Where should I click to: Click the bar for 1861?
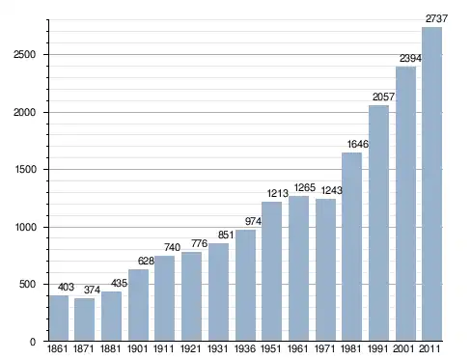(x=59, y=318)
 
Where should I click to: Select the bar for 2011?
(x=431, y=184)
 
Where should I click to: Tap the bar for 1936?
(x=245, y=285)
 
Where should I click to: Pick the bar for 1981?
(x=351, y=247)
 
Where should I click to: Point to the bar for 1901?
(x=138, y=305)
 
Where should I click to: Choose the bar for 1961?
(x=298, y=268)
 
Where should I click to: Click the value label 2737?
(x=436, y=18)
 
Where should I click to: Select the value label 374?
(x=92, y=290)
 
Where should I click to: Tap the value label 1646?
(x=357, y=144)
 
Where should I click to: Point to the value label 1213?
(x=277, y=193)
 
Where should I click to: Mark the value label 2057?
(x=383, y=97)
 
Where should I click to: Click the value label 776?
(x=200, y=243)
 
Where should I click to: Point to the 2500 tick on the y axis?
(x=24, y=54)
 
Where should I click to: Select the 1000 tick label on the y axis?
(x=25, y=227)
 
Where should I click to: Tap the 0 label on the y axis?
(x=33, y=342)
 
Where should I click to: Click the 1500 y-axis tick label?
(x=25, y=169)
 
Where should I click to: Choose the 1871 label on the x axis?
(x=84, y=348)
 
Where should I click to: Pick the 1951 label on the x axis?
(x=271, y=348)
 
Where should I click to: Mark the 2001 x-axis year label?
(x=403, y=348)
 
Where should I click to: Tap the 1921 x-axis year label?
(x=190, y=348)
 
